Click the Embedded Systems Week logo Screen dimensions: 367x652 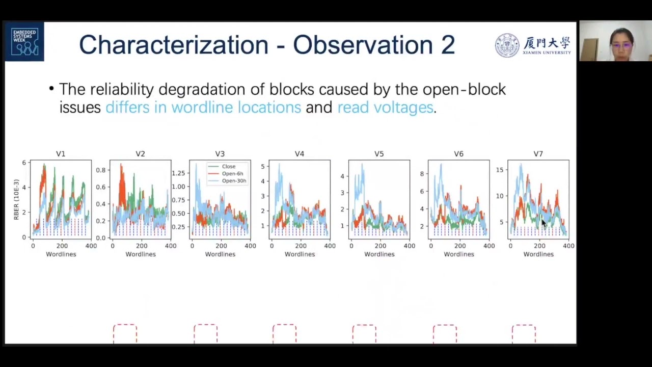pos(24,42)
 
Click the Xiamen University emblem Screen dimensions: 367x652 pos(507,45)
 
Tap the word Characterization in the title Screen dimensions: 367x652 pos(173,45)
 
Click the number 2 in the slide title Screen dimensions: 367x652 pos(447,45)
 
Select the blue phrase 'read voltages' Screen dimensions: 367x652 pos(385,107)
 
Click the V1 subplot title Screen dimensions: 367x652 pos(61,153)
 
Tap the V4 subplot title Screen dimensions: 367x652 pos(300,153)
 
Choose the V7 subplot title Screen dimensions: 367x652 pos(538,153)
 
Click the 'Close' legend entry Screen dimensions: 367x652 pos(228,166)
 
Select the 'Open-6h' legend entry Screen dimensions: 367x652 pos(232,173)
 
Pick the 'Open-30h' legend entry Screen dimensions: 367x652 pos(234,180)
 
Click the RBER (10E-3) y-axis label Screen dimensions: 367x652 pos(16,199)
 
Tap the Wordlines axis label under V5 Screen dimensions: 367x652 pos(379,254)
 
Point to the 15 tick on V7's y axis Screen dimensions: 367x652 pos(500,170)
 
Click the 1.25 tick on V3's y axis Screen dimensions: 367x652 pos(178,173)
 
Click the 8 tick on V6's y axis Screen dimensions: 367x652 pos(422,174)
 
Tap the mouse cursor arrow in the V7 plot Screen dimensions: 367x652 pos(544,223)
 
